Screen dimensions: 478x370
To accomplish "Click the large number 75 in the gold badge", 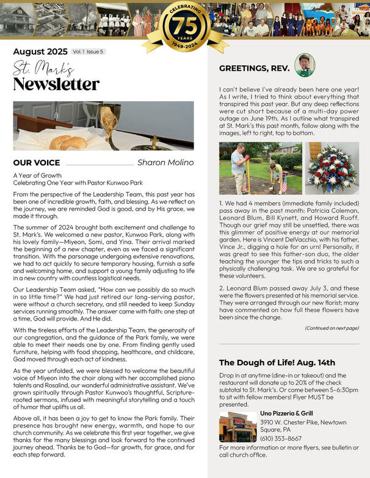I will pyautogui.click(x=185, y=26).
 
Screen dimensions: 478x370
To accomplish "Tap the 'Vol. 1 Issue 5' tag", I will pyautogui.click(x=88, y=52).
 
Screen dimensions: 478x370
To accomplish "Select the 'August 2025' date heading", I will pyautogui.click(x=39, y=52).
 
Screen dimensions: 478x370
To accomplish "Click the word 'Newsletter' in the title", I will pyautogui.click(x=56, y=84).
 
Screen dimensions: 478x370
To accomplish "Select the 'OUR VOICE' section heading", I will pyautogui.click(x=37, y=163).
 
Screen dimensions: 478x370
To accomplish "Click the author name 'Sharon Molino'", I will pyautogui.click(x=165, y=162).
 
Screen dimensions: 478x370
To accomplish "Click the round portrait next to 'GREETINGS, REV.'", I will pyautogui.click(x=304, y=65).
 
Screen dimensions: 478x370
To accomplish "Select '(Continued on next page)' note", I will pyautogui.click(x=332, y=328).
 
